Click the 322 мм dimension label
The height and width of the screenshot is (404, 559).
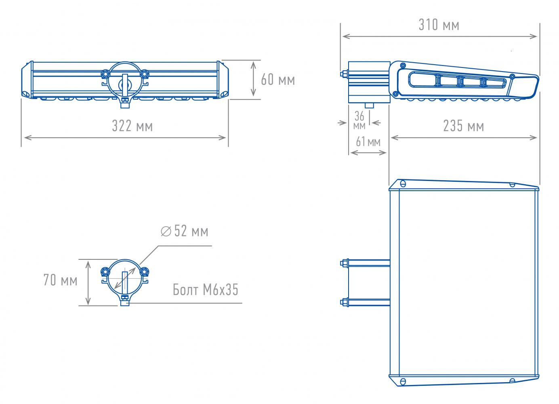click(132, 126)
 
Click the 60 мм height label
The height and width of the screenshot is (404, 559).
click(278, 80)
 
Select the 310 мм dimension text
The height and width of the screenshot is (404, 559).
click(439, 25)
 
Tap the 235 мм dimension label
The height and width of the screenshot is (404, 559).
click(463, 126)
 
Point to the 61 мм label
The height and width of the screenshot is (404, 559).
click(368, 141)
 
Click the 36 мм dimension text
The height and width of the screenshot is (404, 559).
click(359, 120)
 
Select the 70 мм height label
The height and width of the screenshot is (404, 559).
click(61, 280)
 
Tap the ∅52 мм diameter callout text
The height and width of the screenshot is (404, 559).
click(185, 231)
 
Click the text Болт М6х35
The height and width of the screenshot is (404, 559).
click(205, 290)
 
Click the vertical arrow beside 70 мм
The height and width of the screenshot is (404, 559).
click(88, 283)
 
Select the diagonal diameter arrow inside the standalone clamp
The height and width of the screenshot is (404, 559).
click(125, 278)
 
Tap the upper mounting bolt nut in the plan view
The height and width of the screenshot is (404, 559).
click(345, 263)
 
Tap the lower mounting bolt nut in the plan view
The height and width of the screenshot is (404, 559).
click(345, 302)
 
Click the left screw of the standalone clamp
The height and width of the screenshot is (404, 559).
click(105, 271)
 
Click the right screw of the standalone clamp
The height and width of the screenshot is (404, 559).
click(144, 271)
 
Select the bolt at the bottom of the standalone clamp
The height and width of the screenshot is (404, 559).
click(125, 301)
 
